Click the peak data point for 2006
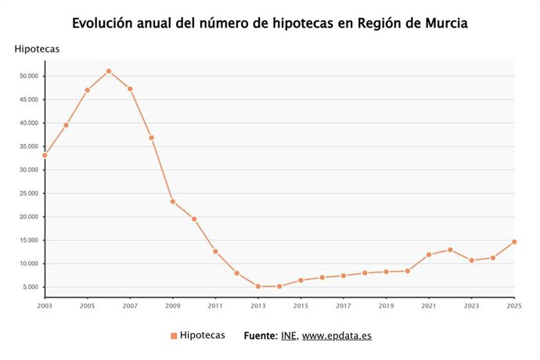tap(109, 71)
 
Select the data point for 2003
tap(45, 155)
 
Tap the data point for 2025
tap(514, 242)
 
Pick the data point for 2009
tap(173, 201)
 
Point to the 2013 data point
tap(258, 286)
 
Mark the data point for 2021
tap(429, 254)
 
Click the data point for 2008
tap(151, 138)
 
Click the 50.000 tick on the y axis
tap(29, 76)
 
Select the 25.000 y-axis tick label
tap(29, 193)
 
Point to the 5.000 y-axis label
tap(31, 287)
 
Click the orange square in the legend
tap(174, 336)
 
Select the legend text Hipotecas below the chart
tap(203, 335)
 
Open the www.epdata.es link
tap(337, 336)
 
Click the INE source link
tap(288, 336)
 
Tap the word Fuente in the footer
tap(260, 336)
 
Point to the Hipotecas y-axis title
tap(37, 49)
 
